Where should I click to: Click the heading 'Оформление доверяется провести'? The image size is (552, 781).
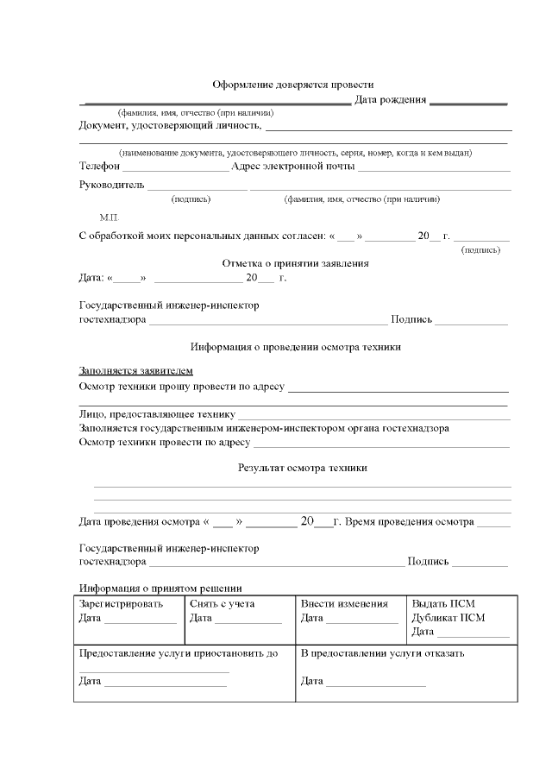pyautogui.click(x=293, y=85)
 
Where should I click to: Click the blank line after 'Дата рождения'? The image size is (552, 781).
pyautogui.click(x=468, y=103)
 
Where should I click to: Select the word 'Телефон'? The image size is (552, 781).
pyautogui.click(x=99, y=166)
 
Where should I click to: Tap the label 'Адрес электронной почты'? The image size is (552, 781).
pyautogui.click(x=288, y=166)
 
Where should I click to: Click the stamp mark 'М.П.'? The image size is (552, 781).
pyautogui.click(x=110, y=217)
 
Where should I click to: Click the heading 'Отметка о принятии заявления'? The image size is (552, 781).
pyautogui.click(x=296, y=263)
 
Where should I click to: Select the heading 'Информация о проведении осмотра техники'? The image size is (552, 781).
pyautogui.click(x=296, y=347)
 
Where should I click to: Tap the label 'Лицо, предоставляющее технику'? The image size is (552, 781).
pyautogui.click(x=157, y=414)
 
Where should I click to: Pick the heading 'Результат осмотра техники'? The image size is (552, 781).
pyautogui.click(x=302, y=468)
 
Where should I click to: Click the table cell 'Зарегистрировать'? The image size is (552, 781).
pyautogui.click(x=121, y=604)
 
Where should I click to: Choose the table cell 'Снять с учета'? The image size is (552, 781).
pyautogui.click(x=223, y=604)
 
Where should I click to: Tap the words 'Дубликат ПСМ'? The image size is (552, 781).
pyautogui.click(x=448, y=618)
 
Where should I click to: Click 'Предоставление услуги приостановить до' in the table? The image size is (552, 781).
pyautogui.click(x=179, y=653)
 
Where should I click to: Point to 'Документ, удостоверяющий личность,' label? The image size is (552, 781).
pyautogui.click(x=170, y=126)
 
